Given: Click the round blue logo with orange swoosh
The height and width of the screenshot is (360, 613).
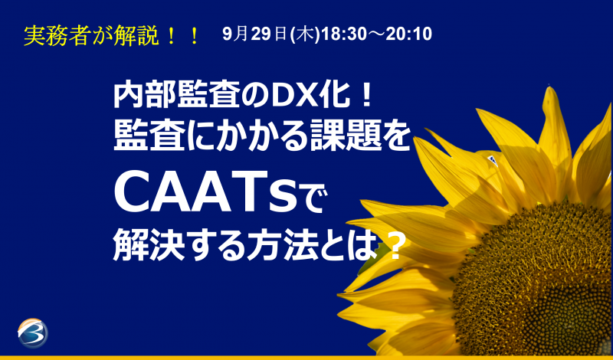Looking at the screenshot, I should pyautogui.click(x=32, y=332).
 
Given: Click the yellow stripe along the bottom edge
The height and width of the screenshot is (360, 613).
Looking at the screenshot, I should pyautogui.click(x=306, y=357).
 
